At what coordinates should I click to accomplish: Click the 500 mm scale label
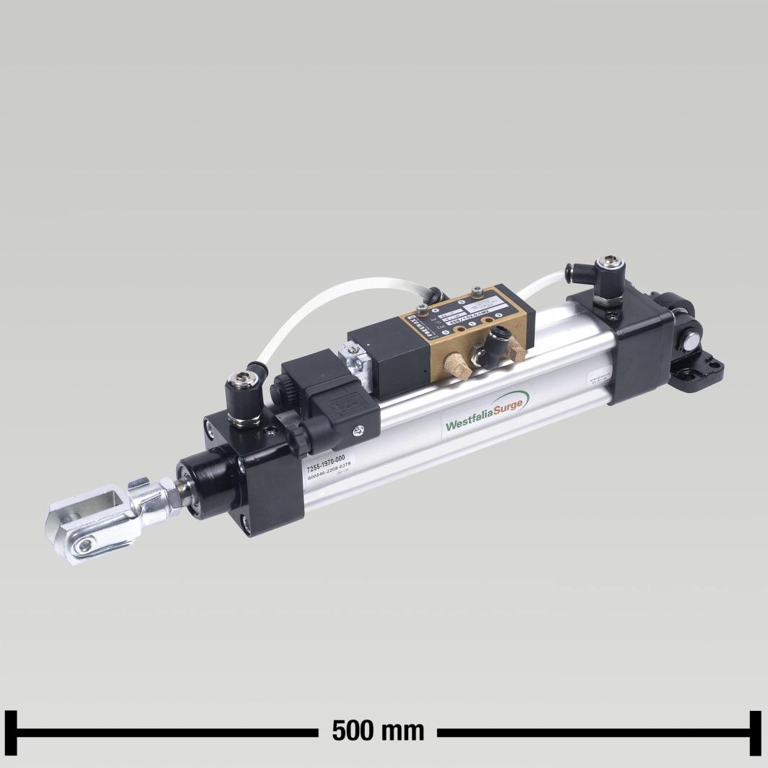378,730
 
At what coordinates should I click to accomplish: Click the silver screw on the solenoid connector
358,431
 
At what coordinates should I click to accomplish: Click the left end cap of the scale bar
10,731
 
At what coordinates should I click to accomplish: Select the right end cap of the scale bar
755,731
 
